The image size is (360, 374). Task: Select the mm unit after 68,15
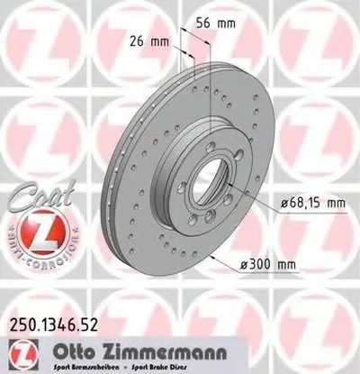[x=335, y=205]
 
